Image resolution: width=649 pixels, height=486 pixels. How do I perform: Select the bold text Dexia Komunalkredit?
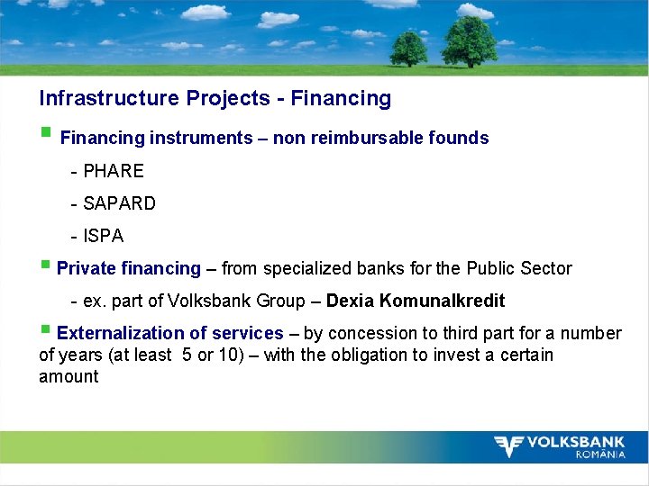(416, 301)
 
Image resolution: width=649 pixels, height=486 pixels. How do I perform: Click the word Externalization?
(115, 333)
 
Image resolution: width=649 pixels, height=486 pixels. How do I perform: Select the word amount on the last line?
(69, 376)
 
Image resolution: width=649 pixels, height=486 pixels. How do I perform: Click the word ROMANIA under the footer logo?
(600, 454)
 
